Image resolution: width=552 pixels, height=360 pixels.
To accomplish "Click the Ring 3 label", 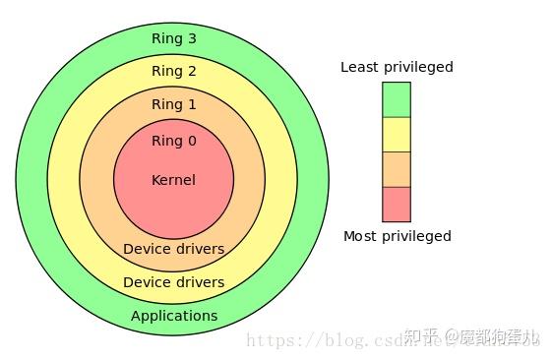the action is tap(173, 38).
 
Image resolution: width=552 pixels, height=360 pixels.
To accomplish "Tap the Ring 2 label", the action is tap(173, 71).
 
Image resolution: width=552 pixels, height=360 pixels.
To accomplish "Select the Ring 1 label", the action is tap(173, 104).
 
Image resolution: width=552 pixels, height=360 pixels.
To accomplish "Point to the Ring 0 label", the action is tap(173, 141).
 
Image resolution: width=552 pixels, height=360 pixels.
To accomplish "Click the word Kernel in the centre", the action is tap(173, 180).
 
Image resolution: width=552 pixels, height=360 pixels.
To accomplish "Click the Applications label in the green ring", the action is tap(174, 316).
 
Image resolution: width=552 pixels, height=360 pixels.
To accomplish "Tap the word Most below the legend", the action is tap(360, 236).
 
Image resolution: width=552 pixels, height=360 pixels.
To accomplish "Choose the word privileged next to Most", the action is tap(416, 237).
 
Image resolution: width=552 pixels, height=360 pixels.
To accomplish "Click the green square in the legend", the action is tap(396, 99).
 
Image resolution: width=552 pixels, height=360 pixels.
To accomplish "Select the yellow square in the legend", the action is tap(396, 134).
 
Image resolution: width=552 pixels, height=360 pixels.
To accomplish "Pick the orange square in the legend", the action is tap(396, 169).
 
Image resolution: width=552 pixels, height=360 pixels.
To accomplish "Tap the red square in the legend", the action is tap(396, 204).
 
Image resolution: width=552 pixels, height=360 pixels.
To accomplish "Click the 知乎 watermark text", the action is tap(424, 337).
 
